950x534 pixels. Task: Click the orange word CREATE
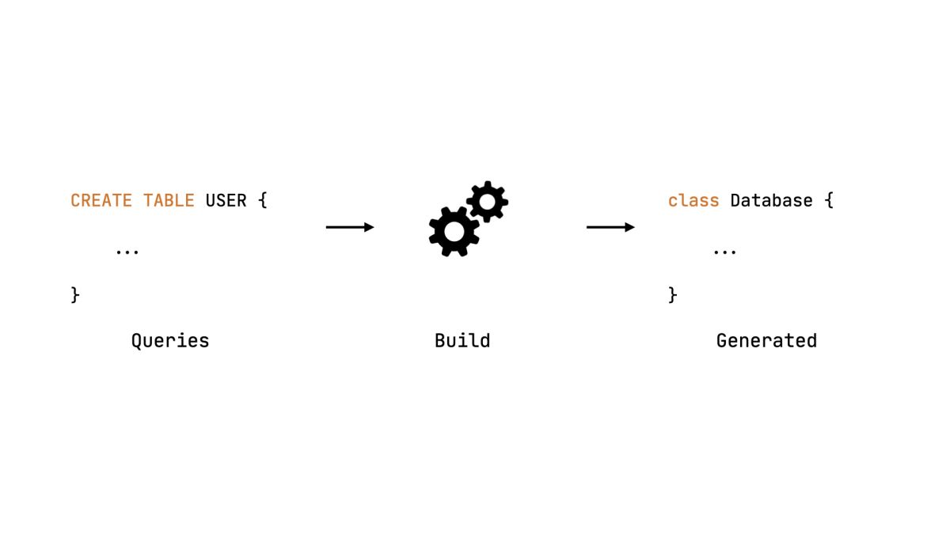click(101, 201)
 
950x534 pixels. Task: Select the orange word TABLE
click(169, 201)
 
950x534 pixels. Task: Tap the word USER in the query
click(226, 201)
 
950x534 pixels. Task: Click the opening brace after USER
click(263, 201)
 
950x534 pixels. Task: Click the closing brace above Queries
click(76, 295)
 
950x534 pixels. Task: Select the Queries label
click(170, 341)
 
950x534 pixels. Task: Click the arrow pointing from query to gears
click(349, 228)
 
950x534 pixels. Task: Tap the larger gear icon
click(454, 231)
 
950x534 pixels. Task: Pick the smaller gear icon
click(487, 203)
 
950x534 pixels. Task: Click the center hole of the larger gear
click(454, 231)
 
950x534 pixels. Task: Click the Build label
click(462, 341)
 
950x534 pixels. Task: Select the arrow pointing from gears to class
click(610, 228)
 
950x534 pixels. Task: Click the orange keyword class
click(693, 201)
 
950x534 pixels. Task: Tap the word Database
click(771, 201)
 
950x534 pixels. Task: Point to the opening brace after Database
click(829, 201)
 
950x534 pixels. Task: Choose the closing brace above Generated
click(673, 295)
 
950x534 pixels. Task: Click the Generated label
click(766, 341)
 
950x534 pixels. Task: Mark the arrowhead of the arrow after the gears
click(629, 228)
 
